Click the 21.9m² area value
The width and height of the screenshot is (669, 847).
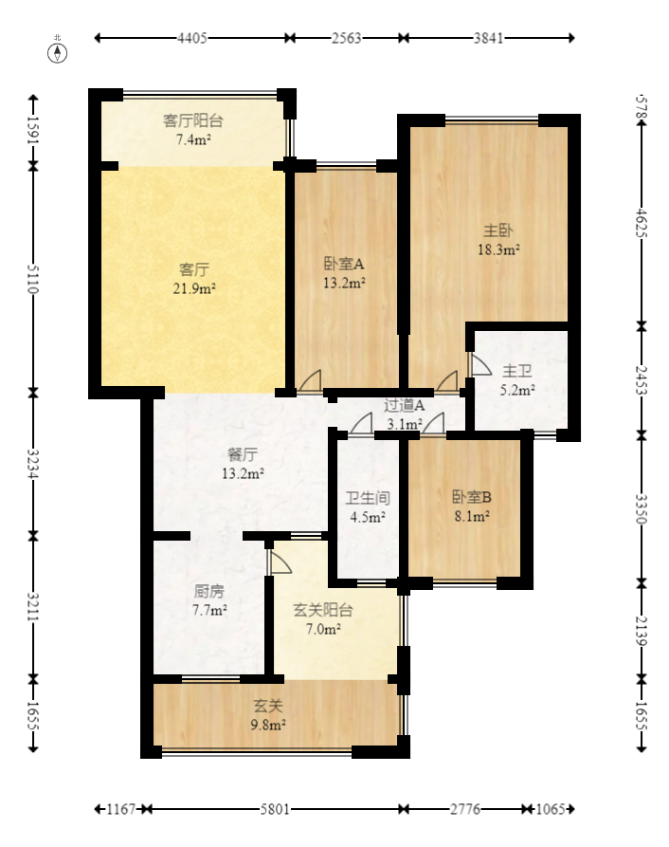pos(193,288)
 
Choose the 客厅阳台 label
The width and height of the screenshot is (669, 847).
pos(193,120)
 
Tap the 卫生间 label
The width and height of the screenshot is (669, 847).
pos(368,497)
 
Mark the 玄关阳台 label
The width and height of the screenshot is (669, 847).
pos(322,610)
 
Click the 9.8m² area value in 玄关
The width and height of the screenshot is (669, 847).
pos(268,725)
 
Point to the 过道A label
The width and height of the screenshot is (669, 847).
pos(404,405)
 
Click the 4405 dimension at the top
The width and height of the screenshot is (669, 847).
pos(192,38)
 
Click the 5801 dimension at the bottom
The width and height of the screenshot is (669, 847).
pos(275,810)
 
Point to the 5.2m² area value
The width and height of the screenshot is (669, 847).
pos(517,389)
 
